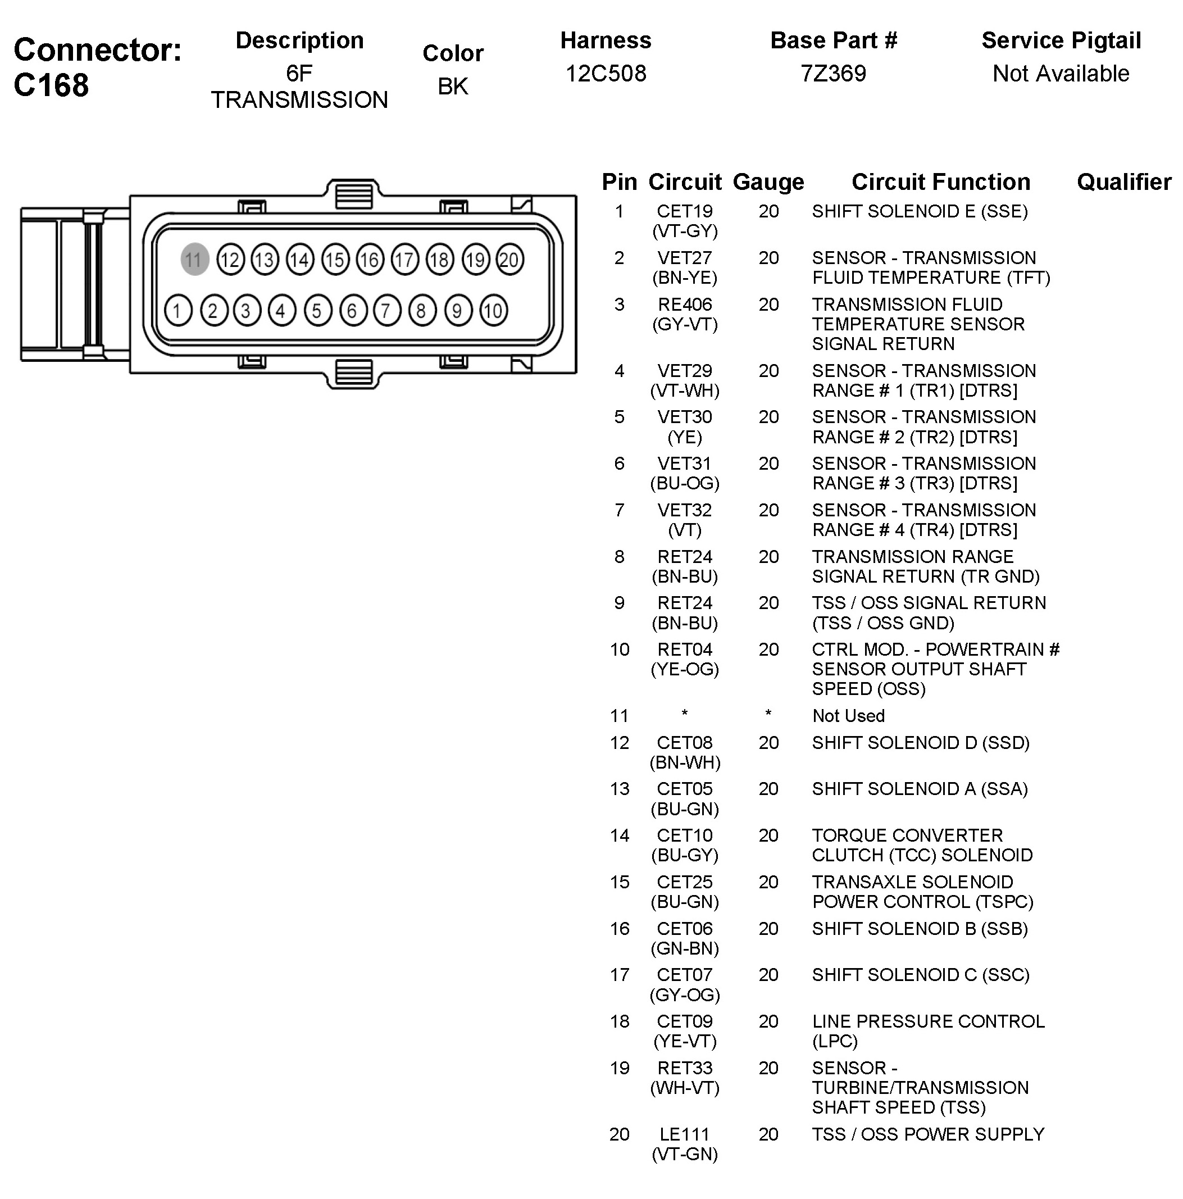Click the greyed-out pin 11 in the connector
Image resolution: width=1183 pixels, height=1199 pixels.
tap(194, 260)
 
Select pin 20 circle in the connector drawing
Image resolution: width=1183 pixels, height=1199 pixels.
tap(510, 260)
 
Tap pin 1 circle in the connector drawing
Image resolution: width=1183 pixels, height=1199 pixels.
tap(178, 310)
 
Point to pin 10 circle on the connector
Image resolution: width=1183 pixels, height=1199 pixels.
tap(493, 310)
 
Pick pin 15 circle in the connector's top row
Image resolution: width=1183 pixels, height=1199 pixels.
tap(335, 260)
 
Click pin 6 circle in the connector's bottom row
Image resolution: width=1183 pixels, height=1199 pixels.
tap(352, 310)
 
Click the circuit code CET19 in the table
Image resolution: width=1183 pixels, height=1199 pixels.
tap(684, 212)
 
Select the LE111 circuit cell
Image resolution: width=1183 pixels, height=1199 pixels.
tap(684, 1134)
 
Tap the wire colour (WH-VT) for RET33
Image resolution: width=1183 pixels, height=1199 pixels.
tap(684, 1087)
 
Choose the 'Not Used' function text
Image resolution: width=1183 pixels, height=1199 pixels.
tap(848, 716)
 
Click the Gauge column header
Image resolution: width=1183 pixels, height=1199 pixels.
tap(768, 183)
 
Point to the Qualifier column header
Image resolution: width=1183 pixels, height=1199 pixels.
tap(1123, 183)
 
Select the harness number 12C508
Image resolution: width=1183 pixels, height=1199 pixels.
tap(606, 74)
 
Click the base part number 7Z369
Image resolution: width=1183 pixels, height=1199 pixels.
tap(833, 74)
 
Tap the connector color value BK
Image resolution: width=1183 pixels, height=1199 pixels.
tap(453, 87)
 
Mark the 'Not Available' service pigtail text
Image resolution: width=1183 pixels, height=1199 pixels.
tap(1060, 74)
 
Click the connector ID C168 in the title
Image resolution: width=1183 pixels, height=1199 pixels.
tap(52, 85)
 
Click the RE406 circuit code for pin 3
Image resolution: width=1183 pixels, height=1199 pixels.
tap(684, 305)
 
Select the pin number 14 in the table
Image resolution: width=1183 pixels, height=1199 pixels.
tap(619, 835)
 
